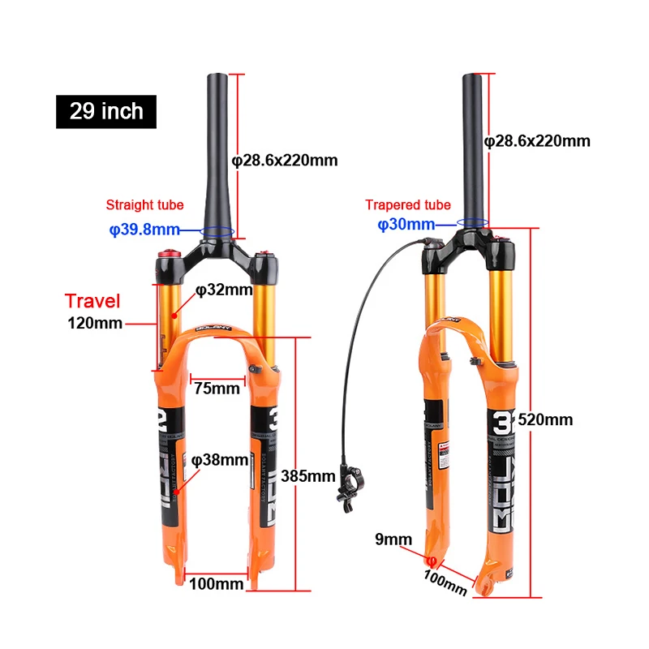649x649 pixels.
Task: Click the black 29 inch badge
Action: click(x=106, y=111)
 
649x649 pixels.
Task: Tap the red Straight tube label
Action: click(x=144, y=205)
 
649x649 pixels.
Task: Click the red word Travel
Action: click(x=92, y=302)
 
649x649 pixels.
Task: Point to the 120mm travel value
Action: click(x=95, y=324)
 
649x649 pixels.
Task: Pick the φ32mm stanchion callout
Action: click(x=224, y=290)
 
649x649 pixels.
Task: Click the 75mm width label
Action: click(x=217, y=388)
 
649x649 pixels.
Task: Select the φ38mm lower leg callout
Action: click(x=220, y=460)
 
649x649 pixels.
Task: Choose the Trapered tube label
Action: click(x=408, y=205)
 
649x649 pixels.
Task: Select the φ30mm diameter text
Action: click(x=406, y=225)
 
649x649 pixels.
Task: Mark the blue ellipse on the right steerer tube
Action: click(x=472, y=220)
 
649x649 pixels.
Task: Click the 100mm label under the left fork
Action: click(x=217, y=582)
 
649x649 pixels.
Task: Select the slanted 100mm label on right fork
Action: click(x=445, y=582)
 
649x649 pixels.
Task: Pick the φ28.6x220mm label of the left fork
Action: click(x=285, y=160)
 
